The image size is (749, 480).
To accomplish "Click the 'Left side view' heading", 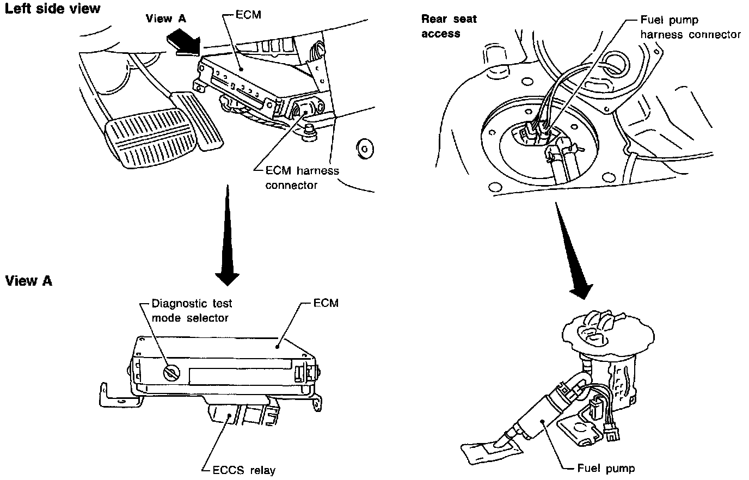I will click(x=52, y=8).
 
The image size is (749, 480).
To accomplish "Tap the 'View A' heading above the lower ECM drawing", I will click(x=28, y=281).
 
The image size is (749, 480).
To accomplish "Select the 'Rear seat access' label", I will click(x=449, y=26).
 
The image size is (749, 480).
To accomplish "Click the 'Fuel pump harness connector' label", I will click(x=690, y=27).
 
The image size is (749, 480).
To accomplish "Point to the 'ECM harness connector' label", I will click(x=302, y=178).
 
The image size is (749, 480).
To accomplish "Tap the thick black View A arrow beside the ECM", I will click(x=183, y=42).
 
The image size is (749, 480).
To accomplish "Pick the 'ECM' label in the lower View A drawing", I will click(x=326, y=303).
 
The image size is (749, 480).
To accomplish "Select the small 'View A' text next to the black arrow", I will click(x=166, y=19).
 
